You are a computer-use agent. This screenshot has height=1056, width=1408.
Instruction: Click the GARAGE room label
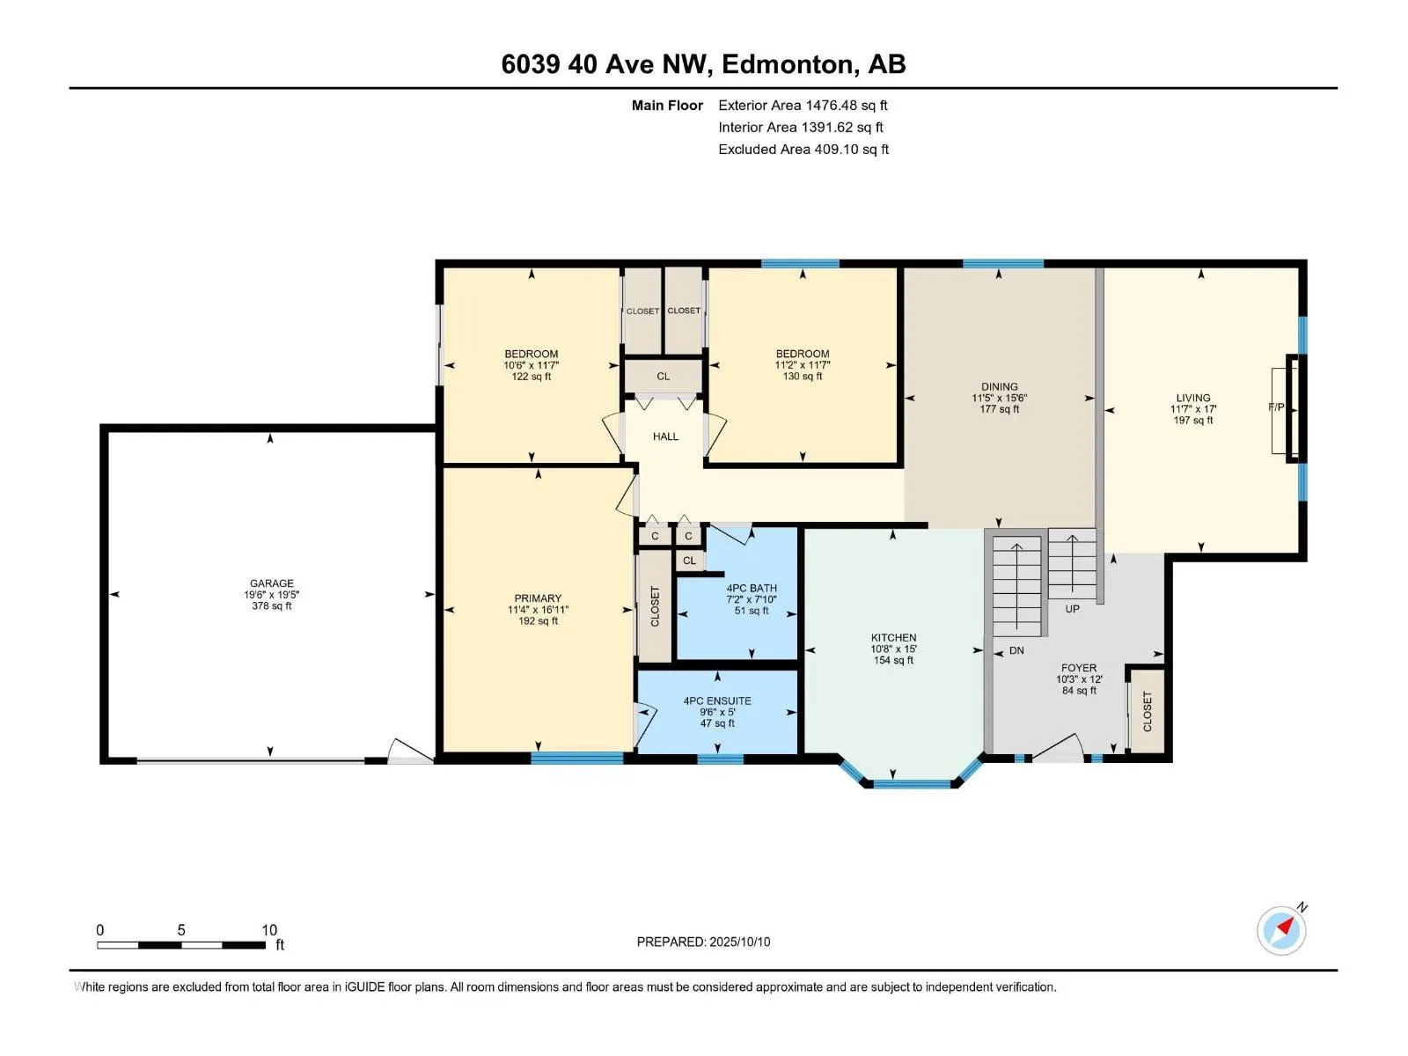click(x=271, y=583)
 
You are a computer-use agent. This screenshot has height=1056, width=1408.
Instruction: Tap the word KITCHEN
click(x=893, y=637)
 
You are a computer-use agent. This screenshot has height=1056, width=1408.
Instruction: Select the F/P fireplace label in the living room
click(x=1276, y=407)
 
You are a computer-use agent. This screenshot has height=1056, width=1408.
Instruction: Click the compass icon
click(x=1281, y=930)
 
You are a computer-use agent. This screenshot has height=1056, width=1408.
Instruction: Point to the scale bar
click(x=181, y=944)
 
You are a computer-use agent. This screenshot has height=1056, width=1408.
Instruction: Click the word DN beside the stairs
click(x=1016, y=650)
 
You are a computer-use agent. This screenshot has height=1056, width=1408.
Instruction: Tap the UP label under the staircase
click(x=1073, y=608)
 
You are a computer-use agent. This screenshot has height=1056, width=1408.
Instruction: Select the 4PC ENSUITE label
click(x=717, y=700)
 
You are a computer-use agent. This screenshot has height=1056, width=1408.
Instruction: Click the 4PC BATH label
click(x=752, y=588)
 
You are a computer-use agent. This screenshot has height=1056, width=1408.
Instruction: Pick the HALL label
click(x=665, y=436)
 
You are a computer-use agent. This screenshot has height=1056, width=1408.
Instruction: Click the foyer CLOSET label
click(x=1148, y=711)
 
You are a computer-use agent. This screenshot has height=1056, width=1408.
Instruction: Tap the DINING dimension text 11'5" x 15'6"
click(x=1000, y=398)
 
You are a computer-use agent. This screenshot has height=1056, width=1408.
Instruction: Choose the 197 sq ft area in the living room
click(x=1193, y=420)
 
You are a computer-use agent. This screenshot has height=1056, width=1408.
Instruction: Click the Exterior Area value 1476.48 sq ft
click(x=846, y=105)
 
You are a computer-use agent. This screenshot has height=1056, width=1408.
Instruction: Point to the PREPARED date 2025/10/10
click(x=739, y=942)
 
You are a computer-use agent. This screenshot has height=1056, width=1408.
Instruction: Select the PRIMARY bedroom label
click(x=538, y=598)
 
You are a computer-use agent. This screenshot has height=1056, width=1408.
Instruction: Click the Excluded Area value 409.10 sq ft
click(x=851, y=150)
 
